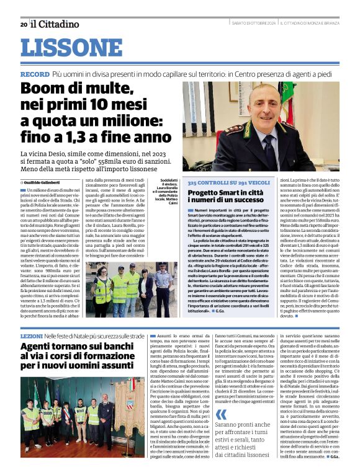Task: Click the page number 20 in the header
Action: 23,24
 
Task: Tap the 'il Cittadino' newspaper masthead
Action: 55,24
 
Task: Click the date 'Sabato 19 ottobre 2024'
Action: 245,24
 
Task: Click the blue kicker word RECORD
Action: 35,74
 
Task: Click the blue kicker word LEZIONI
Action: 32,335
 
